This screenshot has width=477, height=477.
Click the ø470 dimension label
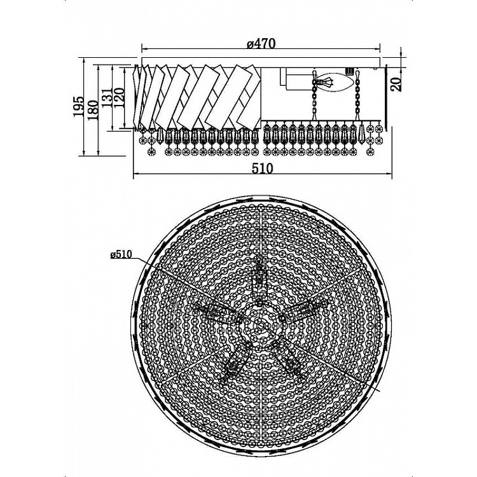click(x=261, y=43)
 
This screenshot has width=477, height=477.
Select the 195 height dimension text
click(x=78, y=106)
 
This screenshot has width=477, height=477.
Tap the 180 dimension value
click(x=93, y=110)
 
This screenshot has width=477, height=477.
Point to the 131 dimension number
click(x=107, y=98)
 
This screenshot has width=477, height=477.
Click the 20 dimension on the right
click(x=396, y=84)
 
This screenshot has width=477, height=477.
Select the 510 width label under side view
click(x=262, y=168)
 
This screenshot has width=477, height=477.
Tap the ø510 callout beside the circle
click(x=121, y=254)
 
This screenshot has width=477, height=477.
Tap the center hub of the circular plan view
click(x=261, y=326)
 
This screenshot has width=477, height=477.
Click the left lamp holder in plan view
click(x=217, y=314)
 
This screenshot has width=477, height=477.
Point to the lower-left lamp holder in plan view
click(x=237, y=361)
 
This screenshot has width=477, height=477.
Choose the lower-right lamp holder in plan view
click(x=288, y=359)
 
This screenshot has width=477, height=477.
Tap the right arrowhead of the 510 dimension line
click(x=388, y=174)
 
